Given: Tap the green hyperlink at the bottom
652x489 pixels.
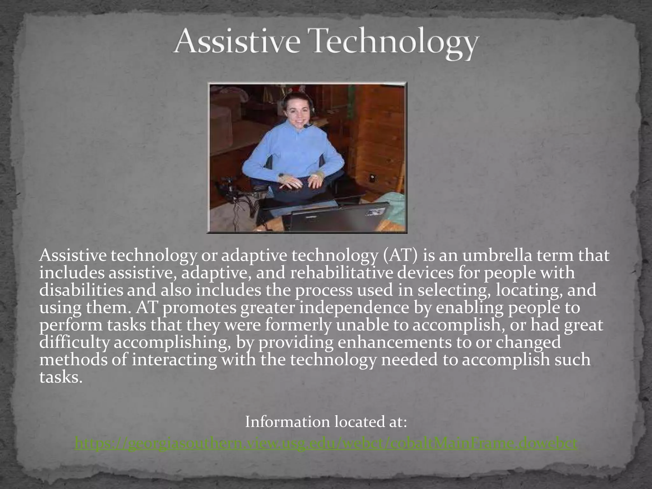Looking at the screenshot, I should (x=326, y=443).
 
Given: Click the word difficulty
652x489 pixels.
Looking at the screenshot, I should (x=75, y=343).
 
